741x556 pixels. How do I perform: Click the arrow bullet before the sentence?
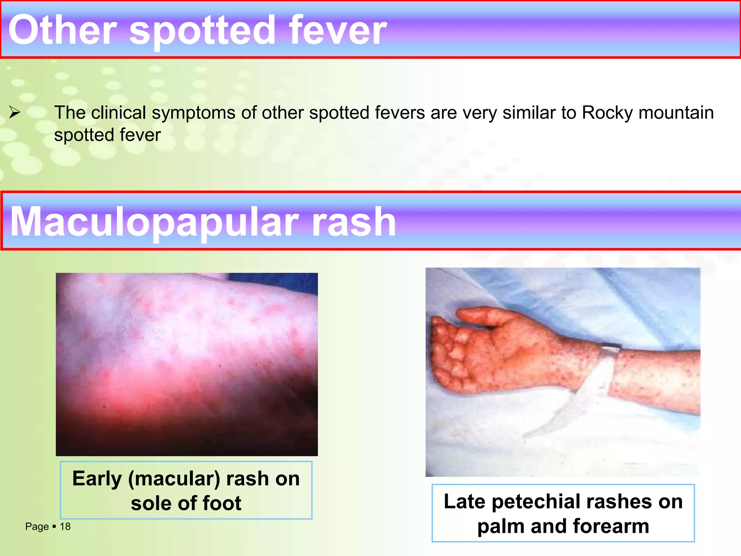click(15, 113)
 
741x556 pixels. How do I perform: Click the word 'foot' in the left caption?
click(222, 503)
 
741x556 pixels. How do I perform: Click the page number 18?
click(65, 527)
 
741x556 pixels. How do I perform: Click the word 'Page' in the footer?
click(37, 527)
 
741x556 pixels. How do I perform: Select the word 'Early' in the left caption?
click(97, 479)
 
